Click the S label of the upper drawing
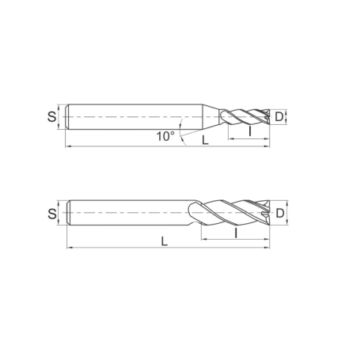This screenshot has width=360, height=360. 52,118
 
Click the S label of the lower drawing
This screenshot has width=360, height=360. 52,213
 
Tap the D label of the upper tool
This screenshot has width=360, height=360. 279,118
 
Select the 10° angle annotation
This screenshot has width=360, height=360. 165,136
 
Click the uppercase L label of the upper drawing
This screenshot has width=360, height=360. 205,140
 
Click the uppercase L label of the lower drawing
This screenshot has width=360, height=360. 165,242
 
